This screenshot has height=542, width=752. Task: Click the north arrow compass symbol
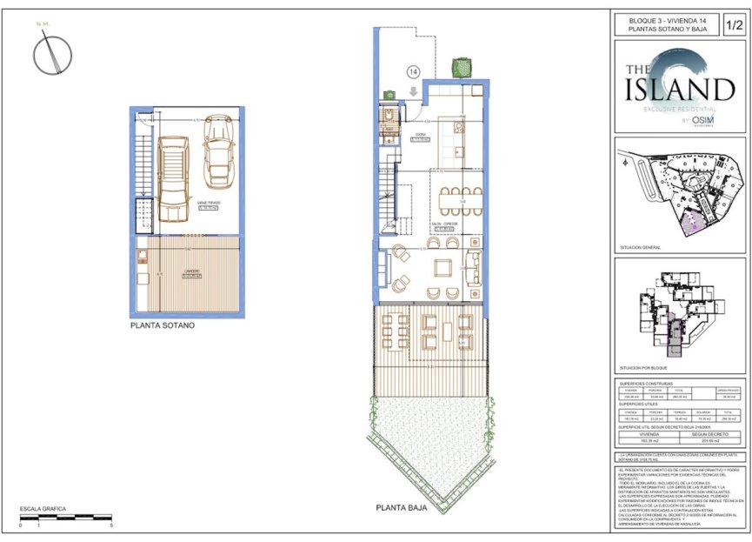point(52,57)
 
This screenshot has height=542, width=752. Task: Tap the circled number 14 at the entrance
point(413,72)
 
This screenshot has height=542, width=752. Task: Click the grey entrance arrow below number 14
point(413,90)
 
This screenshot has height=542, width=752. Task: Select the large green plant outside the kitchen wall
point(460,67)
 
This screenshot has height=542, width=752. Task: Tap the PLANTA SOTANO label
point(162,326)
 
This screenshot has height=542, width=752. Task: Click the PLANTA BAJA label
point(401,505)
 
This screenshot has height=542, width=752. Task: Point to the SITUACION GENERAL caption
point(640,248)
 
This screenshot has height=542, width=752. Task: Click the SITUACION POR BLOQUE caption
point(644,369)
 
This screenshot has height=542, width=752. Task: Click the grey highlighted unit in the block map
point(673,339)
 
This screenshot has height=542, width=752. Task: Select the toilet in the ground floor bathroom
point(389,115)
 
